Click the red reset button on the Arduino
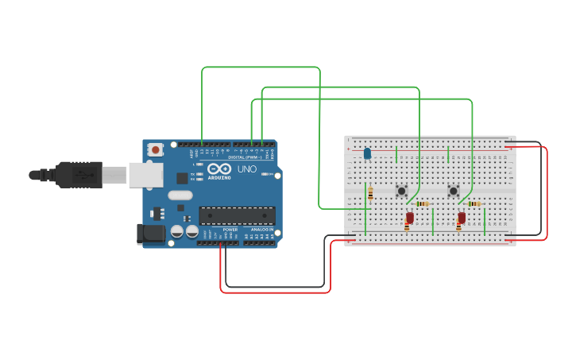[x=156, y=149]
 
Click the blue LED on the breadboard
[x=367, y=153]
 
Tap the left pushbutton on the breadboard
[x=402, y=191]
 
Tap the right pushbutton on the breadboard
[x=453, y=191]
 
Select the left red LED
[x=410, y=217]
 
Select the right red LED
[x=462, y=217]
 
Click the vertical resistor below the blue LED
[x=370, y=193]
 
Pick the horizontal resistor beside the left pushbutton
[x=422, y=204]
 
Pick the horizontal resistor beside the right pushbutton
[x=474, y=204]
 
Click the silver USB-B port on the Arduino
[x=145, y=175]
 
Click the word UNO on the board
[x=247, y=169]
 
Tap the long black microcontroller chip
[x=237, y=215]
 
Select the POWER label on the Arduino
[x=230, y=230]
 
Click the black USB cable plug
[x=79, y=175]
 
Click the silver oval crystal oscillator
[x=180, y=195]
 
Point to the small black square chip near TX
[x=183, y=179]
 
